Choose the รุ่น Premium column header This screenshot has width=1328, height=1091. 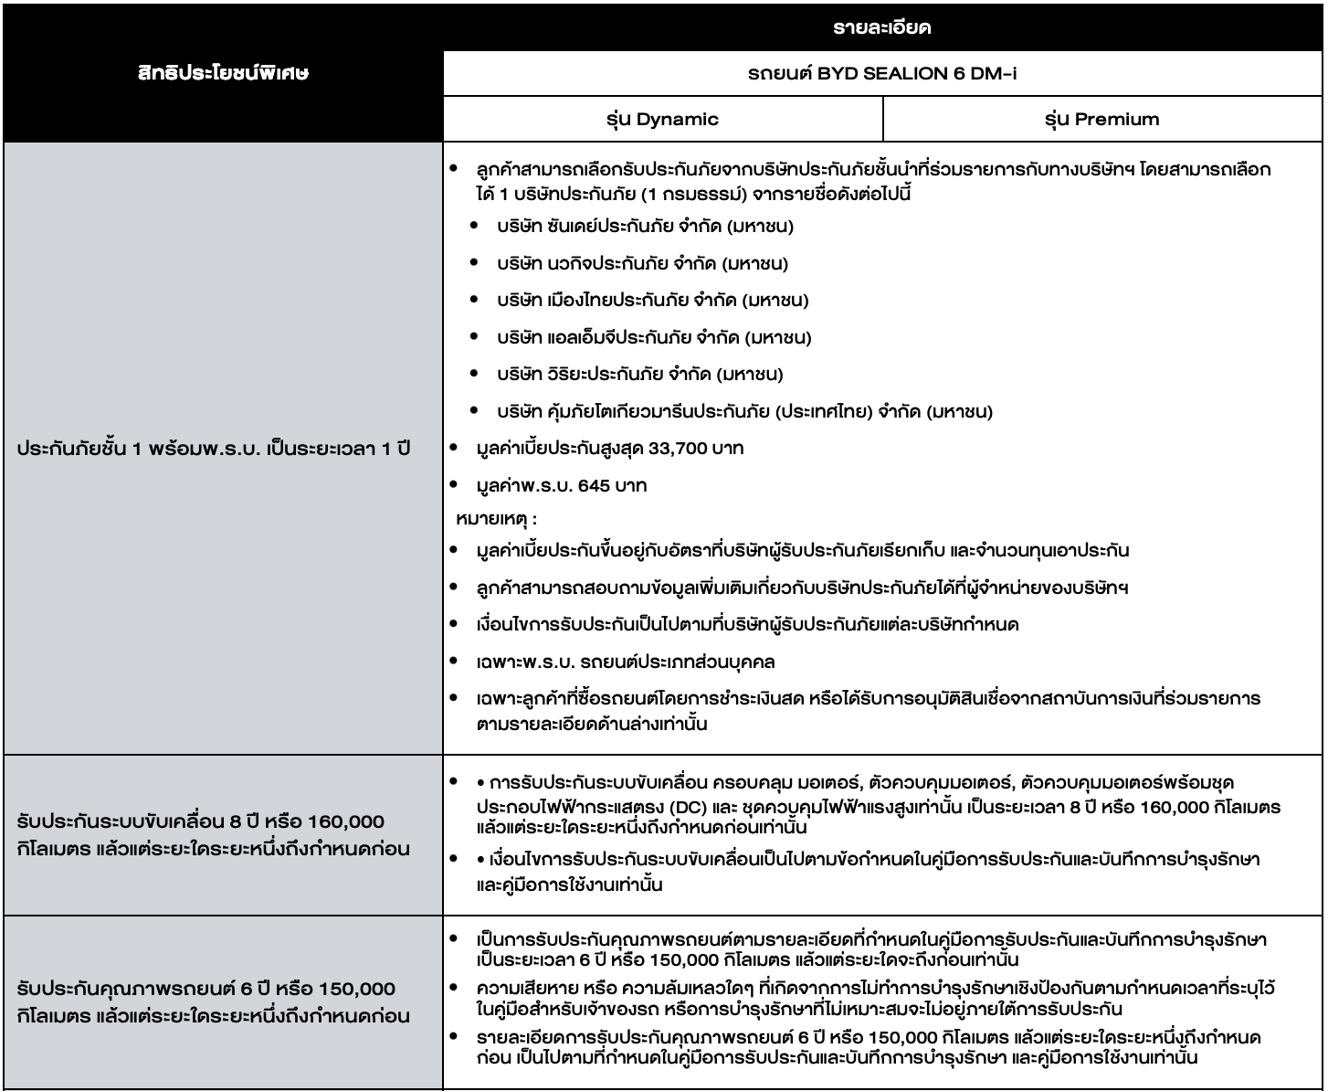[x=1102, y=119]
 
